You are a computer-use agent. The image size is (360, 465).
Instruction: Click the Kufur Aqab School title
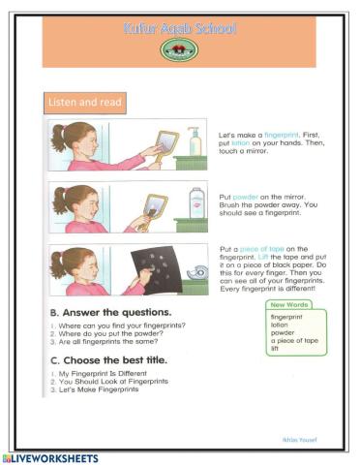(x=179, y=29)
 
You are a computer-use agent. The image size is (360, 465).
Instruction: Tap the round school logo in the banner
(x=179, y=49)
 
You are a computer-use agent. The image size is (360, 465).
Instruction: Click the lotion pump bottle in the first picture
(x=195, y=141)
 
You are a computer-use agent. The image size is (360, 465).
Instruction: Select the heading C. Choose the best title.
(x=111, y=358)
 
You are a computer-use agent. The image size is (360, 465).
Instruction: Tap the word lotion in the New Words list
(x=280, y=325)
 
